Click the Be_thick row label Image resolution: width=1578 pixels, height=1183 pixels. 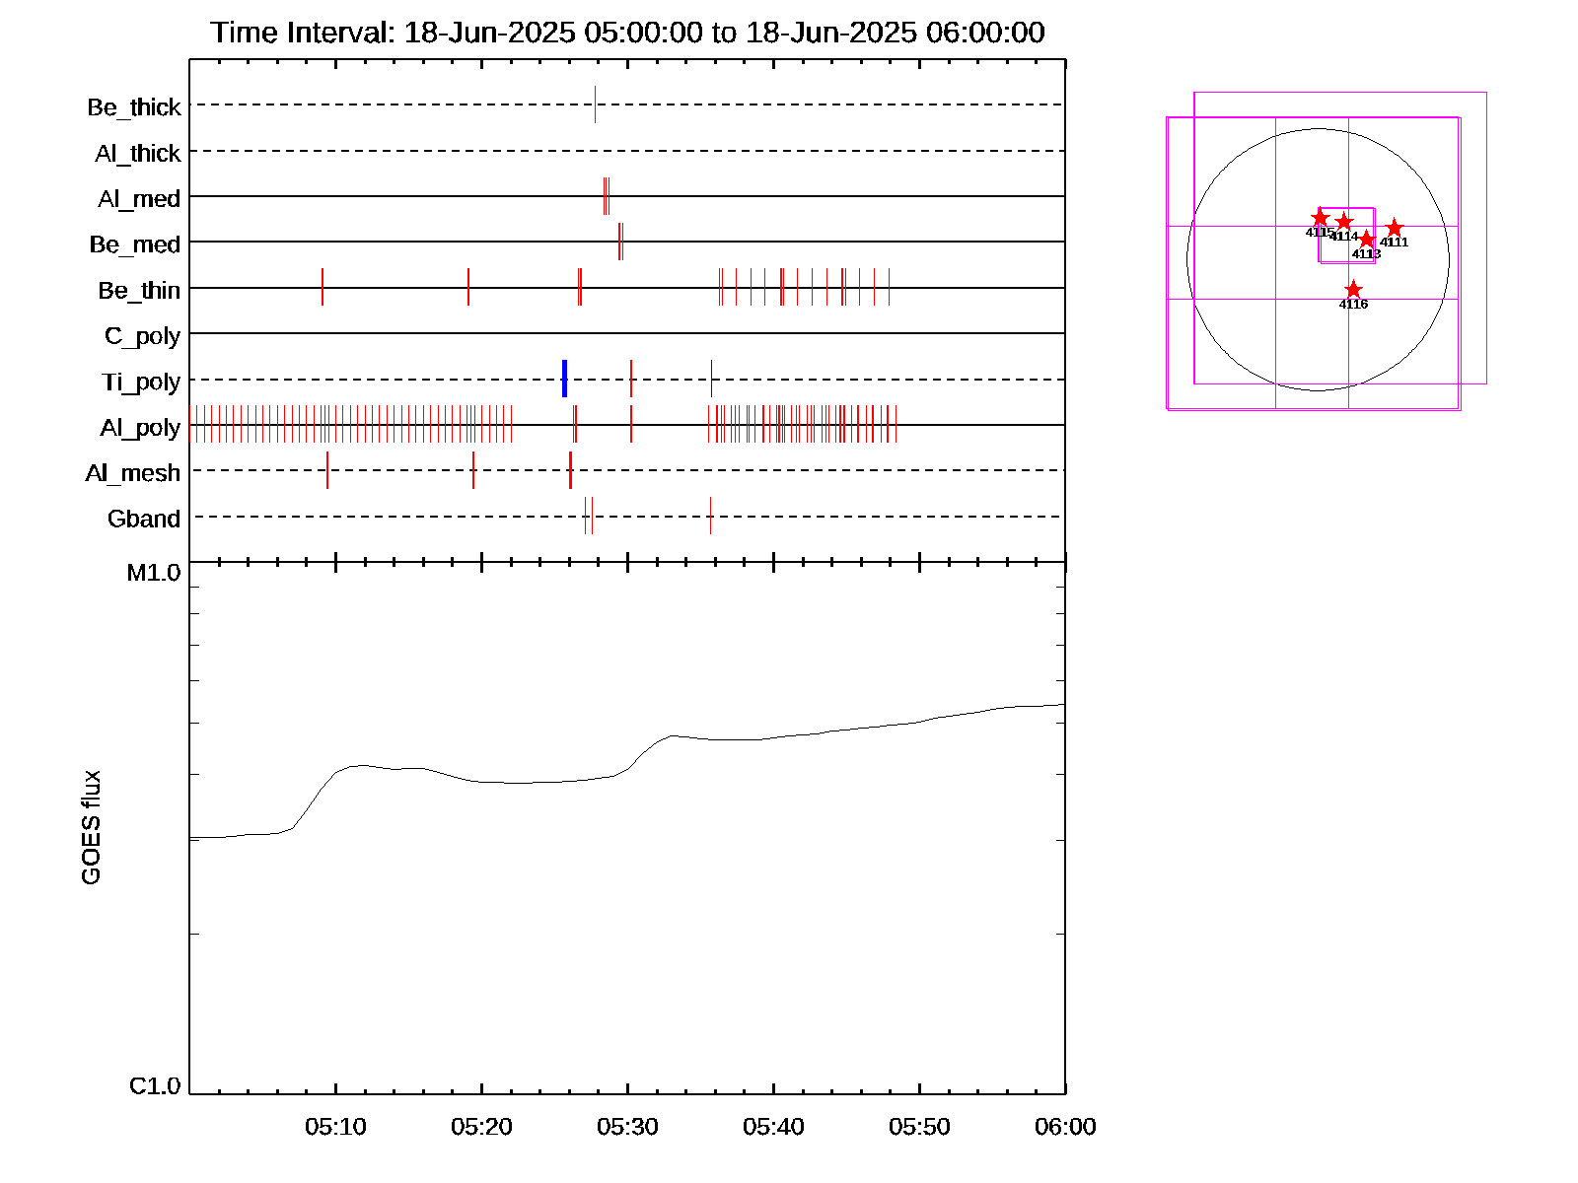[134, 107]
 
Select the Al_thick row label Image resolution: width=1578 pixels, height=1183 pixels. [138, 154]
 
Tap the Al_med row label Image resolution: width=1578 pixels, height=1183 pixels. [139, 199]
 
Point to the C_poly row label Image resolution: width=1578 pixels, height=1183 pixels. [142, 336]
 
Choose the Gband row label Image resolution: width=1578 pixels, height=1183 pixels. [144, 520]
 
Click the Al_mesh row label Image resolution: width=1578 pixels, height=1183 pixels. [133, 473]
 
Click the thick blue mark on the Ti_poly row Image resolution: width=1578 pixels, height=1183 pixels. [564, 379]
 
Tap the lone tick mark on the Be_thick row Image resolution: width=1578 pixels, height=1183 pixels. [595, 104]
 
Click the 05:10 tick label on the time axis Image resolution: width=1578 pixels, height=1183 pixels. [335, 1127]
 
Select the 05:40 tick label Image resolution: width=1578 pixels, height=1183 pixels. [773, 1127]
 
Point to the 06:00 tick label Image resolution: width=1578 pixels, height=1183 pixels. [1065, 1127]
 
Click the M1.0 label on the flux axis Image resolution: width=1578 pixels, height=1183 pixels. [154, 573]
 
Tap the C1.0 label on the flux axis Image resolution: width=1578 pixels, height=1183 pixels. [155, 1086]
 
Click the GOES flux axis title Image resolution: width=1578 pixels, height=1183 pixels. [91, 828]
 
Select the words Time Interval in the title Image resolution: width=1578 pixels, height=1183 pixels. [302, 33]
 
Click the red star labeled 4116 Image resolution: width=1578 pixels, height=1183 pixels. [1353, 290]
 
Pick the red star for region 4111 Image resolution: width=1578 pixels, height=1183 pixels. [1394, 229]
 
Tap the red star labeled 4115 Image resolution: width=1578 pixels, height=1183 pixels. [1321, 218]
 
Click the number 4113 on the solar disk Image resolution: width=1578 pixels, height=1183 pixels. [1366, 254]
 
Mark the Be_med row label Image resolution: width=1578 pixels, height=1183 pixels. [135, 244]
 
